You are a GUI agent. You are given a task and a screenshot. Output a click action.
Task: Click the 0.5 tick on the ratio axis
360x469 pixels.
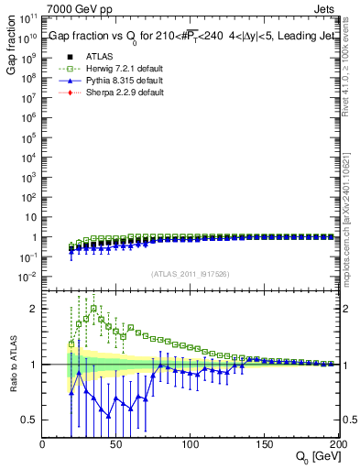30,420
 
